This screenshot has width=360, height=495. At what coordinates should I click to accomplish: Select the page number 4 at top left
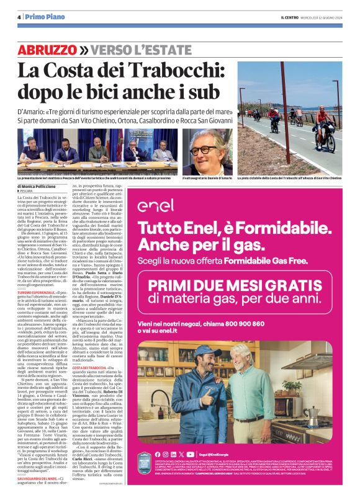click(19, 17)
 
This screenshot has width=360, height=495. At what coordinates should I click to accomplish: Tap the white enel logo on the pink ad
click(156, 205)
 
